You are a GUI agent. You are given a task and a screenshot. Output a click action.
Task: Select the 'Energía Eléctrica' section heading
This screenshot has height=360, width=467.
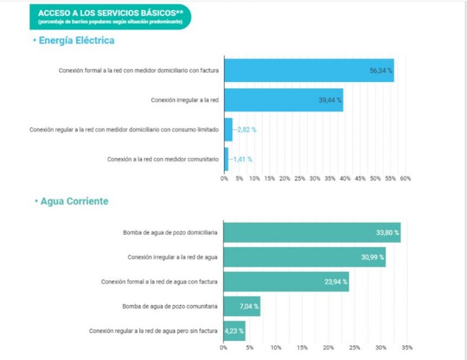(75, 41)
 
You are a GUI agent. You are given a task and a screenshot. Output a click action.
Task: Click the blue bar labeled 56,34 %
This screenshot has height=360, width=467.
(309, 70)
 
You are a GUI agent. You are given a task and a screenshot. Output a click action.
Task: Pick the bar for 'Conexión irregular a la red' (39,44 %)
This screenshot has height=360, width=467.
(283, 100)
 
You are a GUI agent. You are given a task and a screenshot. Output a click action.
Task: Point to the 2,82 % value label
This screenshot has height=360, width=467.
(246, 130)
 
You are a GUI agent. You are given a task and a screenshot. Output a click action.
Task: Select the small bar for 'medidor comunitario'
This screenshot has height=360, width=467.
(226, 159)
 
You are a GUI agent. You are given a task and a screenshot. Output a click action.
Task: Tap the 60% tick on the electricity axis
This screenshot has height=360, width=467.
(405, 178)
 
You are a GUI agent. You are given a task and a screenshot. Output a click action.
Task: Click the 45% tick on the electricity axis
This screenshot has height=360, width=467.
(360, 178)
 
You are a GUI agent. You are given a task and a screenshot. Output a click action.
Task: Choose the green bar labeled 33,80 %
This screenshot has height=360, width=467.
(312, 233)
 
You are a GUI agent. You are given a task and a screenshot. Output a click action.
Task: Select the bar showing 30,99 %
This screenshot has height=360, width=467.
(304, 257)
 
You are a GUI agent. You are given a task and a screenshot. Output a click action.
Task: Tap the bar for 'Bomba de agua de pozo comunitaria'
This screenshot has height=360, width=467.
(242, 306)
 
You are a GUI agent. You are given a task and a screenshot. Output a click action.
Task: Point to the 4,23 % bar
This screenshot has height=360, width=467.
(235, 331)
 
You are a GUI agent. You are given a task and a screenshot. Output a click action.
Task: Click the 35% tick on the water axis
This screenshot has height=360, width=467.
(407, 348)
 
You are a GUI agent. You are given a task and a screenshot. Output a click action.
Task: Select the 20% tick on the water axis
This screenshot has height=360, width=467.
(328, 348)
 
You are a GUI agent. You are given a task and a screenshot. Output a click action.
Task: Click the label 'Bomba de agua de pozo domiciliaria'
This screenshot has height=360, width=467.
(170, 233)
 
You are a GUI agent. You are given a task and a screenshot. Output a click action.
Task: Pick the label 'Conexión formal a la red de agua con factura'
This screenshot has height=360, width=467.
(159, 282)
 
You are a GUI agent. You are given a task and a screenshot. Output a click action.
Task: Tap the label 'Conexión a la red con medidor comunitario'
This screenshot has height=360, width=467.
(163, 159)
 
